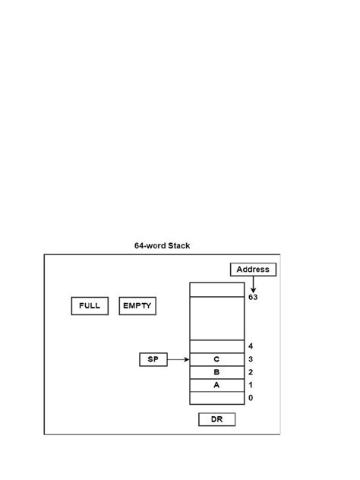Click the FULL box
(89, 306)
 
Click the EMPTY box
(137, 306)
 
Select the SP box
(153, 359)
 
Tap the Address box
(253, 269)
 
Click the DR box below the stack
(216, 419)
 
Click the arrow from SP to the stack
(178, 359)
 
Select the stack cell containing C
(216, 359)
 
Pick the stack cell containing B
(216, 372)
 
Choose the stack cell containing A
(216, 385)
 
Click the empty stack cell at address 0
(216, 398)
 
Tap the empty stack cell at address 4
(216, 346)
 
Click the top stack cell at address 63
(216, 289)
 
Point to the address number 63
(253, 298)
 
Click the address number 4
(251, 346)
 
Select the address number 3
(251, 359)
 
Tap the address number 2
(251, 372)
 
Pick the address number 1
(251, 385)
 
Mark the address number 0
(251, 398)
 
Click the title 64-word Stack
(163, 245)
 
